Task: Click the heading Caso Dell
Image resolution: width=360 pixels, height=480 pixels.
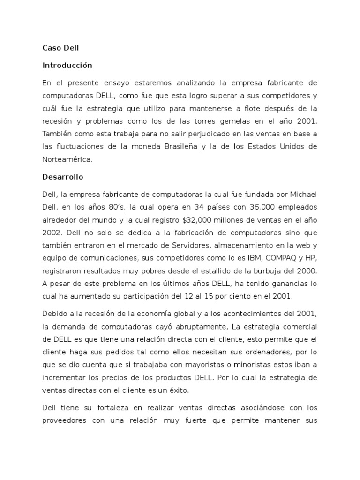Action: pyautogui.click(x=61, y=48)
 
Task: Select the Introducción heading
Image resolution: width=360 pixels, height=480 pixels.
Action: pyautogui.click(x=67, y=65)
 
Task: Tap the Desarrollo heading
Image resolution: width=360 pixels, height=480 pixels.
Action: pyautogui.click(x=62, y=178)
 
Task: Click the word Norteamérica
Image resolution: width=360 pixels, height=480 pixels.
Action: pyautogui.click(x=67, y=159)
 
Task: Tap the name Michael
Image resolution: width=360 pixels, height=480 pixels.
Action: pyautogui.click(x=300, y=194)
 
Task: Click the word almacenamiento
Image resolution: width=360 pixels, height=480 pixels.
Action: pyautogui.click(x=231, y=245)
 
